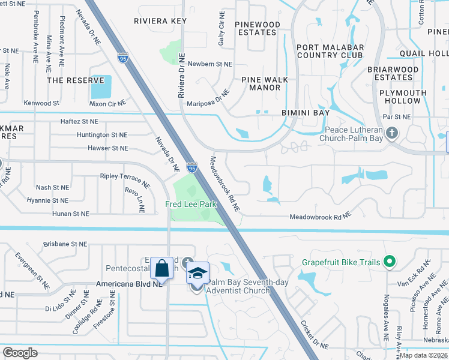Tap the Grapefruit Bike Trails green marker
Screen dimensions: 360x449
[389, 261]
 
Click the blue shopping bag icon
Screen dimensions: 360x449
[162, 268]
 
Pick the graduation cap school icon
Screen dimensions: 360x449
[197, 273]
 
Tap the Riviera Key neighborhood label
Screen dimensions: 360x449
[160, 20]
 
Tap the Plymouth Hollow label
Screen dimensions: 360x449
[403, 97]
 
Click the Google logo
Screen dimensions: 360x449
[20, 353]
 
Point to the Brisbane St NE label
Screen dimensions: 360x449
[67, 244]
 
